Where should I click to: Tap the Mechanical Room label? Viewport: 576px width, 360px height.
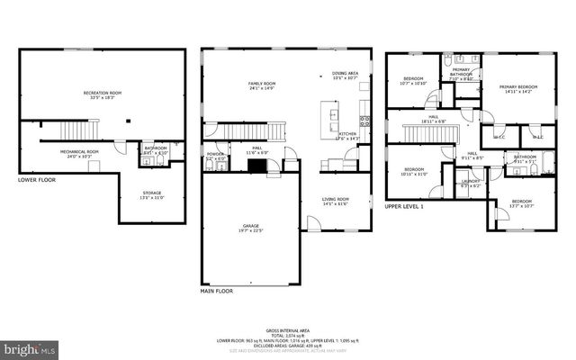point(79,152)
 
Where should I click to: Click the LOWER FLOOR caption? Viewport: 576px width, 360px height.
point(37,180)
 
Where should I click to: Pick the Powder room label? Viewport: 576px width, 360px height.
point(215,155)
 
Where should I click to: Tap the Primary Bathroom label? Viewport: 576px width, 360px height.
point(461,75)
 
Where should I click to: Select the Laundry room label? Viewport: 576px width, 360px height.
point(471,183)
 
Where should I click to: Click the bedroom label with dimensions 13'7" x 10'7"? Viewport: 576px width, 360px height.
point(522,202)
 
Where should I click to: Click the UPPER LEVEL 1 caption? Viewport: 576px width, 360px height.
point(404,206)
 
